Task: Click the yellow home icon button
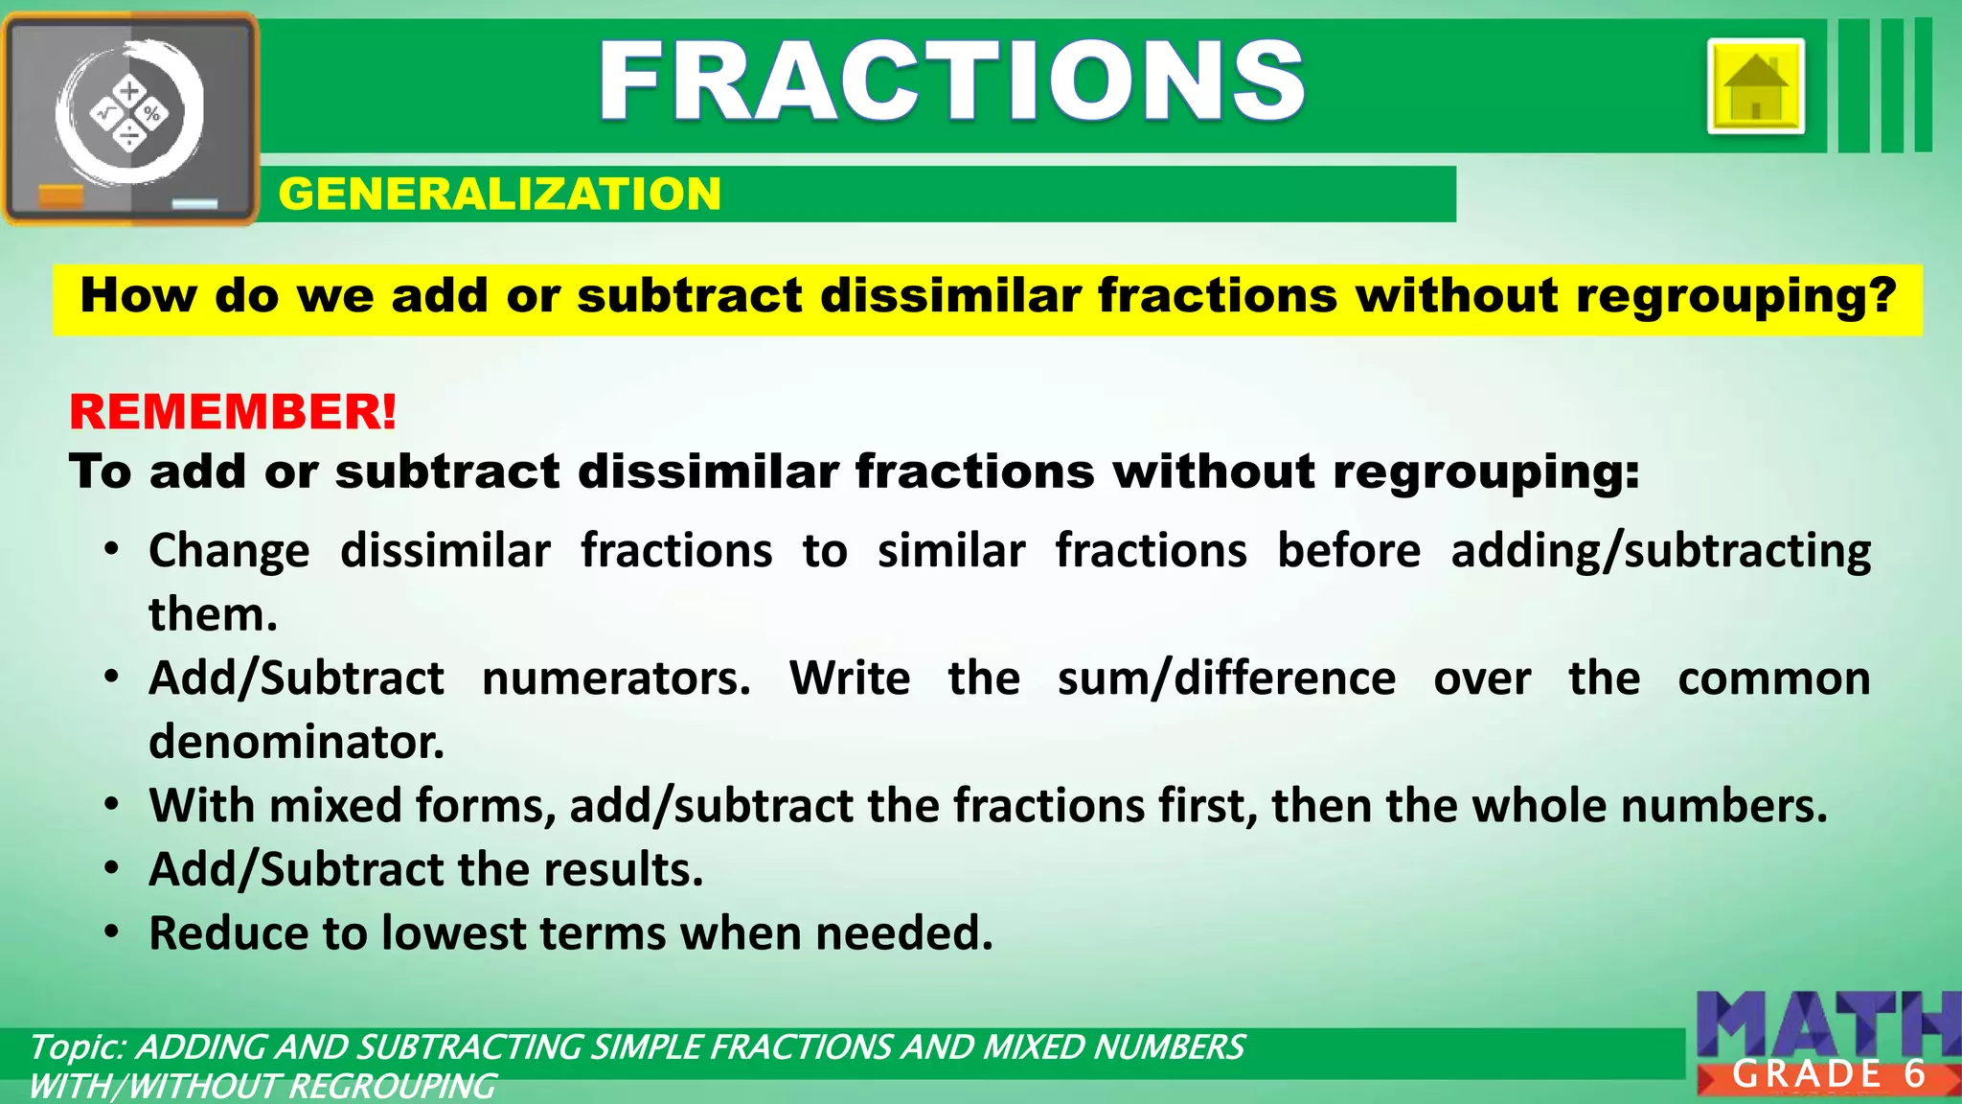click(1755, 86)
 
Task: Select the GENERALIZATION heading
click(499, 194)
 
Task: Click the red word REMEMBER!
click(233, 412)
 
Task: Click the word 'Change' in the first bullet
click(230, 551)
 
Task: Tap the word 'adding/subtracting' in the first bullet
click(1660, 551)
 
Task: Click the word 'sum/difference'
click(1226, 678)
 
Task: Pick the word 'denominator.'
click(297, 742)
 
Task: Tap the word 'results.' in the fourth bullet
click(624, 869)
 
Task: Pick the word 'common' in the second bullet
click(1773, 678)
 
